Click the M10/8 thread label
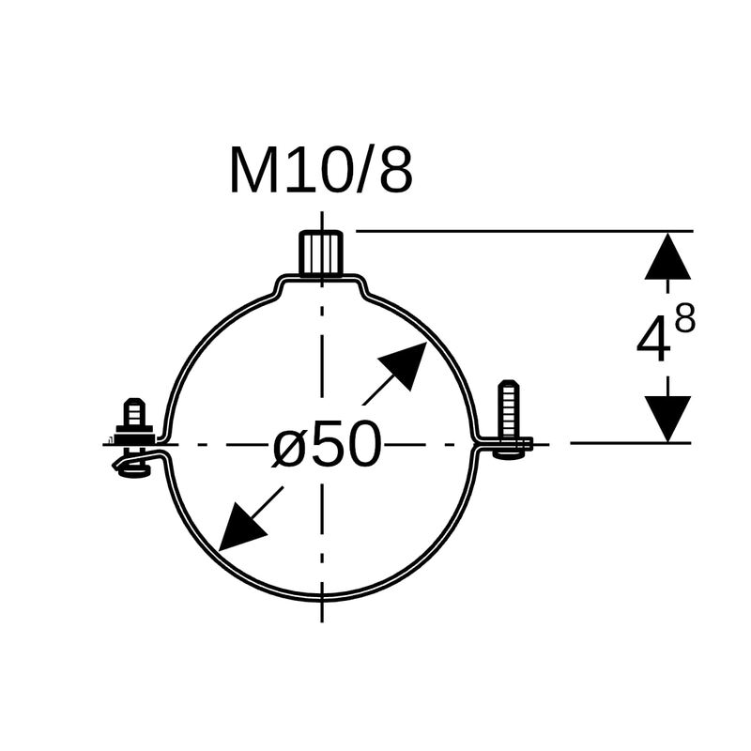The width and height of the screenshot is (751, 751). pyautogui.click(x=320, y=172)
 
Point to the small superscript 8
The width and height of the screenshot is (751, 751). pyautogui.click(x=685, y=320)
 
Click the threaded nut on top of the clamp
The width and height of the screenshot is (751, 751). pyautogui.click(x=321, y=253)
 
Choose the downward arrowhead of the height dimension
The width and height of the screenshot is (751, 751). pyautogui.click(x=667, y=419)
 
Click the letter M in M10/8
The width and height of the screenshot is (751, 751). pyautogui.click(x=254, y=172)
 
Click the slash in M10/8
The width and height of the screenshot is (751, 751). pyautogui.click(x=363, y=172)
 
